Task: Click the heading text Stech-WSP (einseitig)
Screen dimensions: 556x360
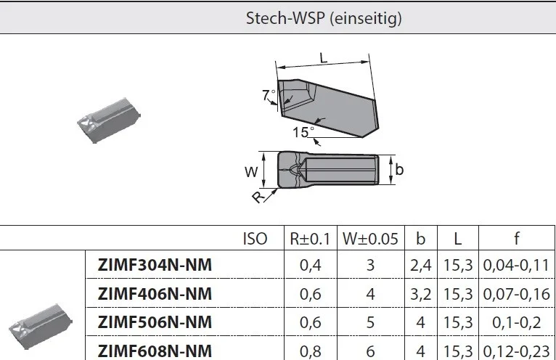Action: pyautogui.click(x=324, y=18)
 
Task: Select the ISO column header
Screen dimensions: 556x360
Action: pyautogui.click(x=255, y=239)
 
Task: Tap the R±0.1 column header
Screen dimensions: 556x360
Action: pyautogui.click(x=310, y=239)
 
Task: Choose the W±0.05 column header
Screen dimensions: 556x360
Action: pyautogui.click(x=370, y=239)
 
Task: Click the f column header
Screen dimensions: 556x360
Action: pyautogui.click(x=517, y=238)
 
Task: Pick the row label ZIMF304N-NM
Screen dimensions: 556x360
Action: pyautogui.click(x=155, y=265)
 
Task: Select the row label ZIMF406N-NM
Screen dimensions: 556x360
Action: pyautogui.click(x=155, y=294)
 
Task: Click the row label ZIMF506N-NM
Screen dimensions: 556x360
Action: pyautogui.click(x=155, y=322)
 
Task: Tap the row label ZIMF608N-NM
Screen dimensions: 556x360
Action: pyautogui.click(x=155, y=351)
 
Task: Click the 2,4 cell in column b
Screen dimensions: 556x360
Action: pyautogui.click(x=420, y=266)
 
